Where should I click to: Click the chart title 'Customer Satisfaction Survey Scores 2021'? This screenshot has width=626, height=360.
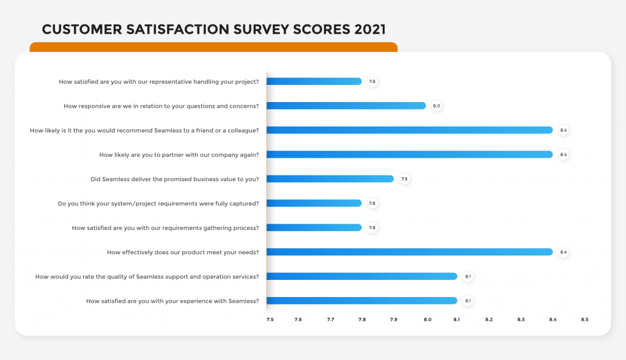[x=213, y=29]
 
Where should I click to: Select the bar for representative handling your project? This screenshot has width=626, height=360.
[x=314, y=81]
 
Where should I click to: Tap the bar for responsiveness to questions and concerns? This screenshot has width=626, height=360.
[x=346, y=106]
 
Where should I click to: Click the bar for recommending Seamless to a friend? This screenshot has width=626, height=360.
[x=410, y=130]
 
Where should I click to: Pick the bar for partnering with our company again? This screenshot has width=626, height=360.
[x=410, y=155]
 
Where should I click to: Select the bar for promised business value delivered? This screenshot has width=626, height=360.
[x=330, y=179]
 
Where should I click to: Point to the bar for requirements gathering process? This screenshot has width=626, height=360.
[x=314, y=228]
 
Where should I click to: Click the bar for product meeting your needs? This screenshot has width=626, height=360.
[x=410, y=252]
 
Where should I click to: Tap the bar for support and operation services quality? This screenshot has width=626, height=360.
[x=362, y=276]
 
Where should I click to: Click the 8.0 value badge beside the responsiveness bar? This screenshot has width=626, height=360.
[x=436, y=106]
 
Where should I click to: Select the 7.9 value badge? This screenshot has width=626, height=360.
[x=404, y=179]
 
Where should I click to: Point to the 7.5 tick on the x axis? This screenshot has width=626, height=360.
[x=270, y=319]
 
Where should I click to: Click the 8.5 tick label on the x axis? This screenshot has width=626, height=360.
[x=584, y=319]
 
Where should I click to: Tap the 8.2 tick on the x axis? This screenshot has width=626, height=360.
[x=489, y=319]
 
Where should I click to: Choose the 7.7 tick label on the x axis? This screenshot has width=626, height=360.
[x=331, y=319]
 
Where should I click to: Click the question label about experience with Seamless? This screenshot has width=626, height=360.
[x=172, y=301]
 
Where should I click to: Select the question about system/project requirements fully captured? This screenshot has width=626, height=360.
[x=158, y=204]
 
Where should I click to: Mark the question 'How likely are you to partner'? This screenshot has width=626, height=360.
[x=179, y=155]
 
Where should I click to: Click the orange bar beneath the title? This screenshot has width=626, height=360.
[x=213, y=47]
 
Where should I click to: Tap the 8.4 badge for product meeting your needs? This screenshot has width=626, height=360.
[x=564, y=252]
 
